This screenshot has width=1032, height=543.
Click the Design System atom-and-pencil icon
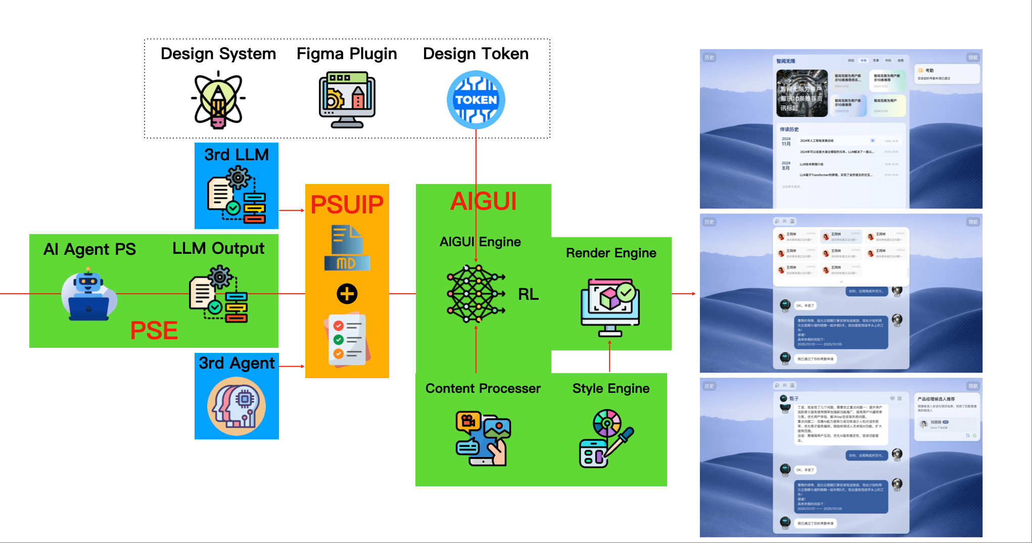[218, 100]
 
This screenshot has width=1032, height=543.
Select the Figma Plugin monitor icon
[347, 100]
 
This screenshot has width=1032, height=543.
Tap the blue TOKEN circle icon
[476, 100]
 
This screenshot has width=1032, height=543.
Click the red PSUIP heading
[347, 205]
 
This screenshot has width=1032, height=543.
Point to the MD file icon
[347, 248]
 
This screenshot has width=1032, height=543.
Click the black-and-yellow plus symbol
[347, 294]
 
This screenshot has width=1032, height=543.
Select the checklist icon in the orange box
[348, 339]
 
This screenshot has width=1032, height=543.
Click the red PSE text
[154, 331]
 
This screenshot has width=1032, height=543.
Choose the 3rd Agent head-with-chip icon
[237, 406]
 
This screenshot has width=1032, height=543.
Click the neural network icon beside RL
[476, 294]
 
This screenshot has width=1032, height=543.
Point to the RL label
[528, 294]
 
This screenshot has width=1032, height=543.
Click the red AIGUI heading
[483, 201]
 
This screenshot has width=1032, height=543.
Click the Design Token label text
[476, 54]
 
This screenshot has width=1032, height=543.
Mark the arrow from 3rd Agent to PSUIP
[292, 366]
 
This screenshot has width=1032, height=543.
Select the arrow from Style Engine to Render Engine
[610, 356]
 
